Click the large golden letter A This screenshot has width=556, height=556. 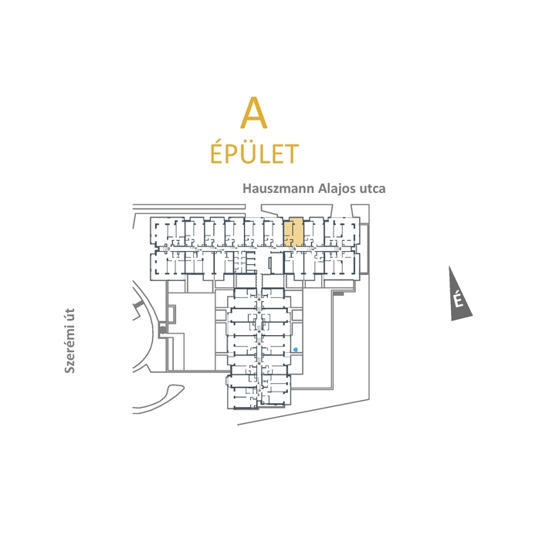click(x=253, y=113)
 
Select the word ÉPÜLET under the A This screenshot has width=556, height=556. click(x=255, y=154)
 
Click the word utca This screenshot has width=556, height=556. click(x=372, y=188)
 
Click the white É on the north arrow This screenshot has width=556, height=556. click(x=459, y=300)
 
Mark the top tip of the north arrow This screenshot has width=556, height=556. click(x=449, y=266)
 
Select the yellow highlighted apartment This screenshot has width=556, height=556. click(x=293, y=232)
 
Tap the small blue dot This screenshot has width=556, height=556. click(x=296, y=350)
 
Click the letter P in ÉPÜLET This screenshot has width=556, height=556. click(x=232, y=154)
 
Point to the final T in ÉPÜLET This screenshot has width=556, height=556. click(x=291, y=154)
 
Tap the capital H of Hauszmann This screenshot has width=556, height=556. click(x=247, y=188)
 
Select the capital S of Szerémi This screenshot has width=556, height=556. click(x=69, y=370)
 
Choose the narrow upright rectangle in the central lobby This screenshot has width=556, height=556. click(x=270, y=265)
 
